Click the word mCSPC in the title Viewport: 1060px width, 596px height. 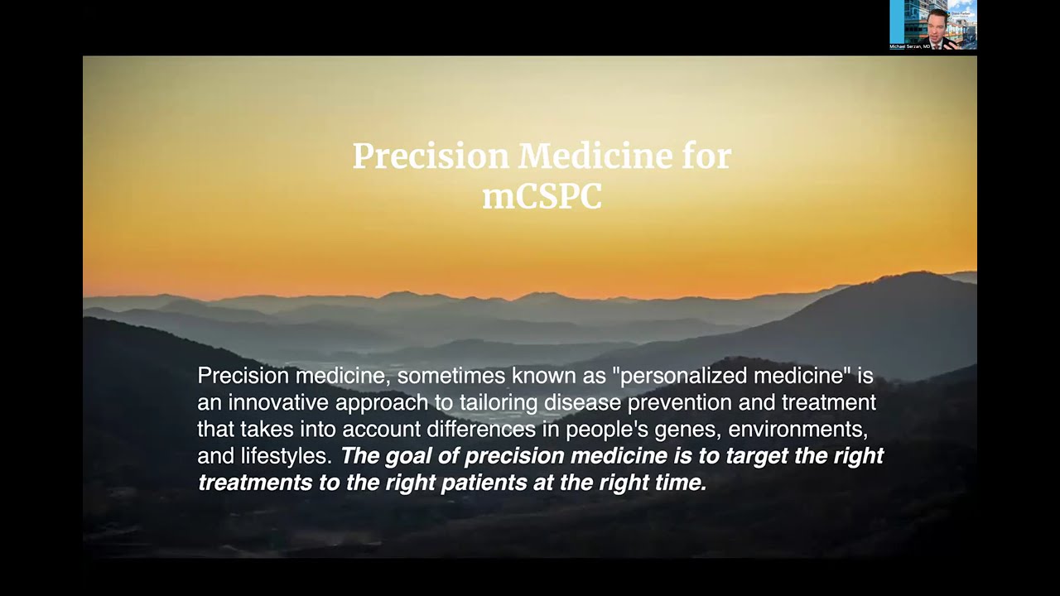click(542, 196)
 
